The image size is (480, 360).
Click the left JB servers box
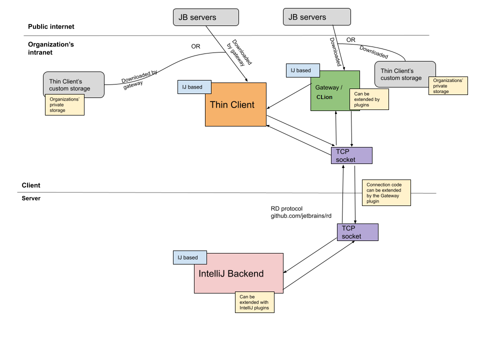[x=205, y=17]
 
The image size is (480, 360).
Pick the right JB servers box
[x=316, y=17]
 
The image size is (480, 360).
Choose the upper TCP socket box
[x=351, y=155]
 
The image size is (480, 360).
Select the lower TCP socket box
[x=357, y=232]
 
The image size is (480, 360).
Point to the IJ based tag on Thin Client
[x=194, y=87]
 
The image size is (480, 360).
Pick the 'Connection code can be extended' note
[x=386, y=193]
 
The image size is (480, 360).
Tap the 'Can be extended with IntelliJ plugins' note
[x=255, y=302]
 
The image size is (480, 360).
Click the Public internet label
[x=51, y=26]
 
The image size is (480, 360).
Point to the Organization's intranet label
[x=51, y=48]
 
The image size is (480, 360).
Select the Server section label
[x=31, y=198]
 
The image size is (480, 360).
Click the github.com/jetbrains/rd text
[x=301, y=216]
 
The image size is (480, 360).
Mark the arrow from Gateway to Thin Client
[x=290, y=96]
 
